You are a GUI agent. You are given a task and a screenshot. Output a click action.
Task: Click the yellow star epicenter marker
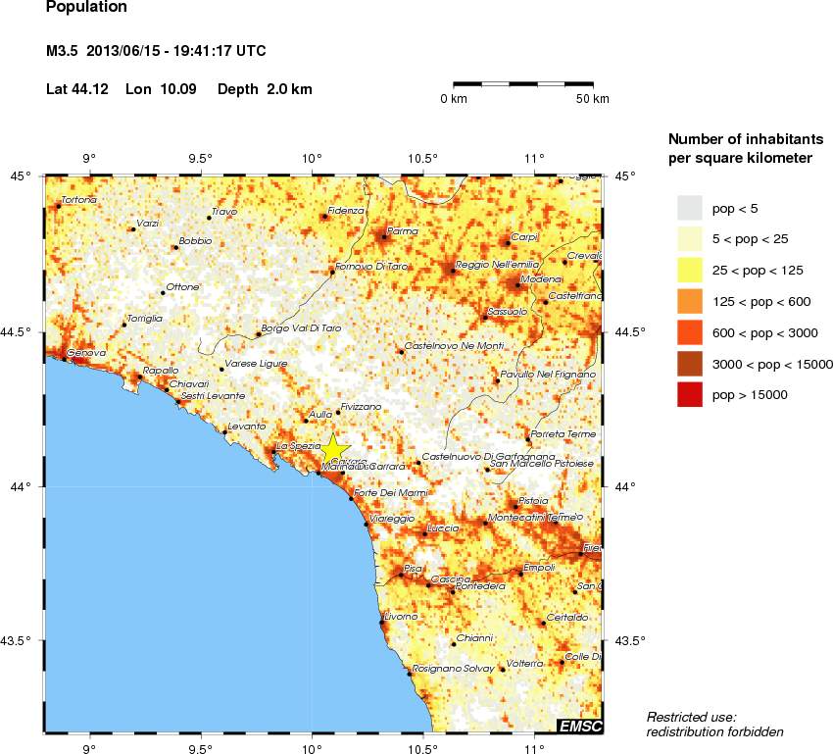click(333, 449)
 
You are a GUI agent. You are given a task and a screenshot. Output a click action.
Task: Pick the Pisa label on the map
click(413, 568)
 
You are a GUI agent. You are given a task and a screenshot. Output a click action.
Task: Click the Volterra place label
click(524, 664)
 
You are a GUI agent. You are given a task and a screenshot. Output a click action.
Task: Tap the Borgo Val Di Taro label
click(302, 328)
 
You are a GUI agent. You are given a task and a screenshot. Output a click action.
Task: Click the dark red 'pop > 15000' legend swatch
click(691, 394)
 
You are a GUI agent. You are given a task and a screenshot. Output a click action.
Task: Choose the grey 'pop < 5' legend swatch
click(691, 207)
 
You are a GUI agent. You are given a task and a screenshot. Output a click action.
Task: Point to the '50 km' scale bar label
click(592, 100)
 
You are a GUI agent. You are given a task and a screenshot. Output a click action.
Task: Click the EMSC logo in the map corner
click(580, 726)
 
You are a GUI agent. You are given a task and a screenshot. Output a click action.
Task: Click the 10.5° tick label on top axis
click(422, 159)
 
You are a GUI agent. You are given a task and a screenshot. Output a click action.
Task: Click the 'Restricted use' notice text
click(692, 718)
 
